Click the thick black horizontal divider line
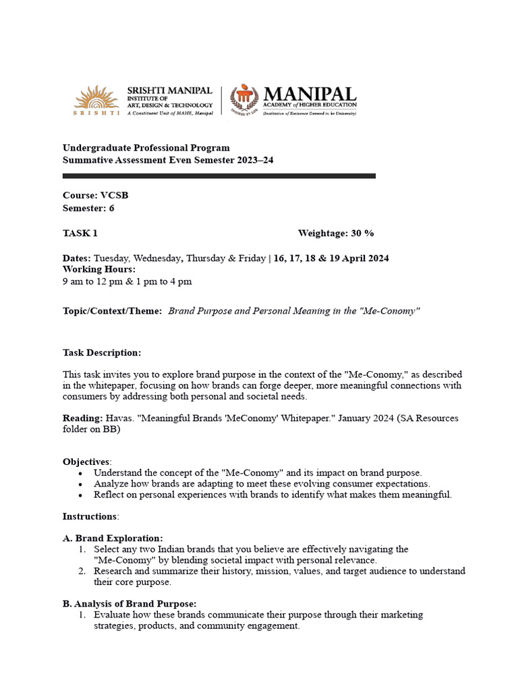click(x=219, y=175)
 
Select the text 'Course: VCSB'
click(x=95, y=195)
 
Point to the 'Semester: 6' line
click(x=88, y=208)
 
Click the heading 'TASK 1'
click(x=80, y=233)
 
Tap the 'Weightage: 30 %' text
click(x=335, y=233)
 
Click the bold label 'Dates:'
click(x=77, y=258)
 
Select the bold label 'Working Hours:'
click(x=99, y=269)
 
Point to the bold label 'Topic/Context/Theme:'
click(x=112, y=311)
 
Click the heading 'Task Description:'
click(x=102, y=353)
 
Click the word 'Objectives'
click(x=86, y=462)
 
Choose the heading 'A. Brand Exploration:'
click(x=113, y=538)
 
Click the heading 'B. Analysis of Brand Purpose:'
click(x=129, y=603)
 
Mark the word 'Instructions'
click(x=90, y=516)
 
